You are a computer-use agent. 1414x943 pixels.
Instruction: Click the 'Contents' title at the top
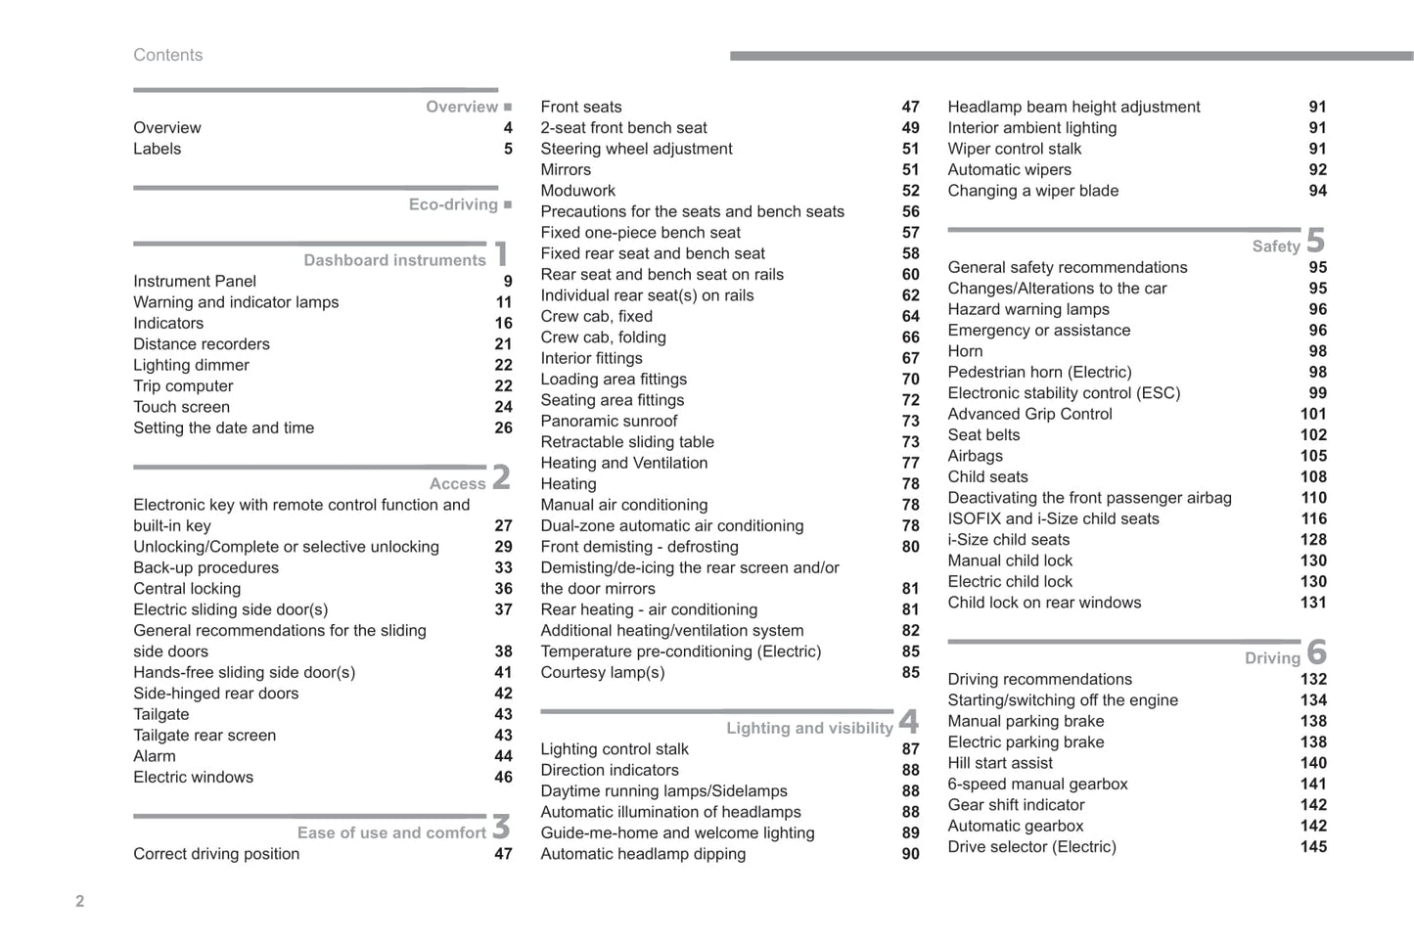click(x=168, y=56)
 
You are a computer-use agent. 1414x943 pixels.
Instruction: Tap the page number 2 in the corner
click(x=80, y=901)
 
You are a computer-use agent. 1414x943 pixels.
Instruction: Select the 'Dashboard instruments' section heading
click(x=394, y=260)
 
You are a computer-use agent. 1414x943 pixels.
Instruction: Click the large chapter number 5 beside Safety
click(x=1315, y=241)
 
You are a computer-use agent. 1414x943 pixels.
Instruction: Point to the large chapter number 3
click(x=501, y=827)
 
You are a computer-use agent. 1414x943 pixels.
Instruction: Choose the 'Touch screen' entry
click(x=182, y=407)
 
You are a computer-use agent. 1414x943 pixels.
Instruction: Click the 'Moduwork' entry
click(x=578, y=191)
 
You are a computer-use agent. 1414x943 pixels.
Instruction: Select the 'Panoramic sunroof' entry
click(x=609, y=421)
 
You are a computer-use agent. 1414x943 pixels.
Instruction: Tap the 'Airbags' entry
click(x=975, y=456)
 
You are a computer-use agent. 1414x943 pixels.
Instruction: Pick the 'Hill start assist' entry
click(x=1000, y=763)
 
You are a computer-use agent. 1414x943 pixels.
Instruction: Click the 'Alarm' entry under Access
click(x=155, y=756)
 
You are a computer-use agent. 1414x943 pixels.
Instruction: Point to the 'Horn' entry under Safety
click(x=965, y=351)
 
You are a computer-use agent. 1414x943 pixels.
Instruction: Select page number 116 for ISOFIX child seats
click(x=1313, y=518)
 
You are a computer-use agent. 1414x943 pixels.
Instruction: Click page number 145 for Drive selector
click(x=1313, y=846)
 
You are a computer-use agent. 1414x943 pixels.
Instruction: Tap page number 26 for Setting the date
click(x=503, y=427)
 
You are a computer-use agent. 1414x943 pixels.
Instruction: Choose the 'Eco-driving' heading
click(x=453, y=204)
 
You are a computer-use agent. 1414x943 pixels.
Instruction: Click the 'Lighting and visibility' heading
click(x=809, y=728)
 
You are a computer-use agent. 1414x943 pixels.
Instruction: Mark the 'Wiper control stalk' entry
click(x=1015, y=149)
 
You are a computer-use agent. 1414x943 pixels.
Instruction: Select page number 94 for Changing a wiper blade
click(x=1317, y=191)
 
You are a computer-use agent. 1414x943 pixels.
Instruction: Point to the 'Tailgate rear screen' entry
click(x=205, y=736)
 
